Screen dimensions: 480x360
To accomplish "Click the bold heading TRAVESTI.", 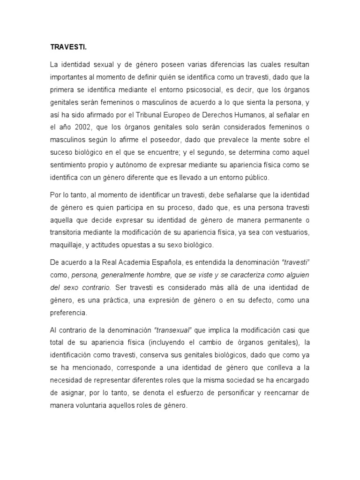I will (66, 47).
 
